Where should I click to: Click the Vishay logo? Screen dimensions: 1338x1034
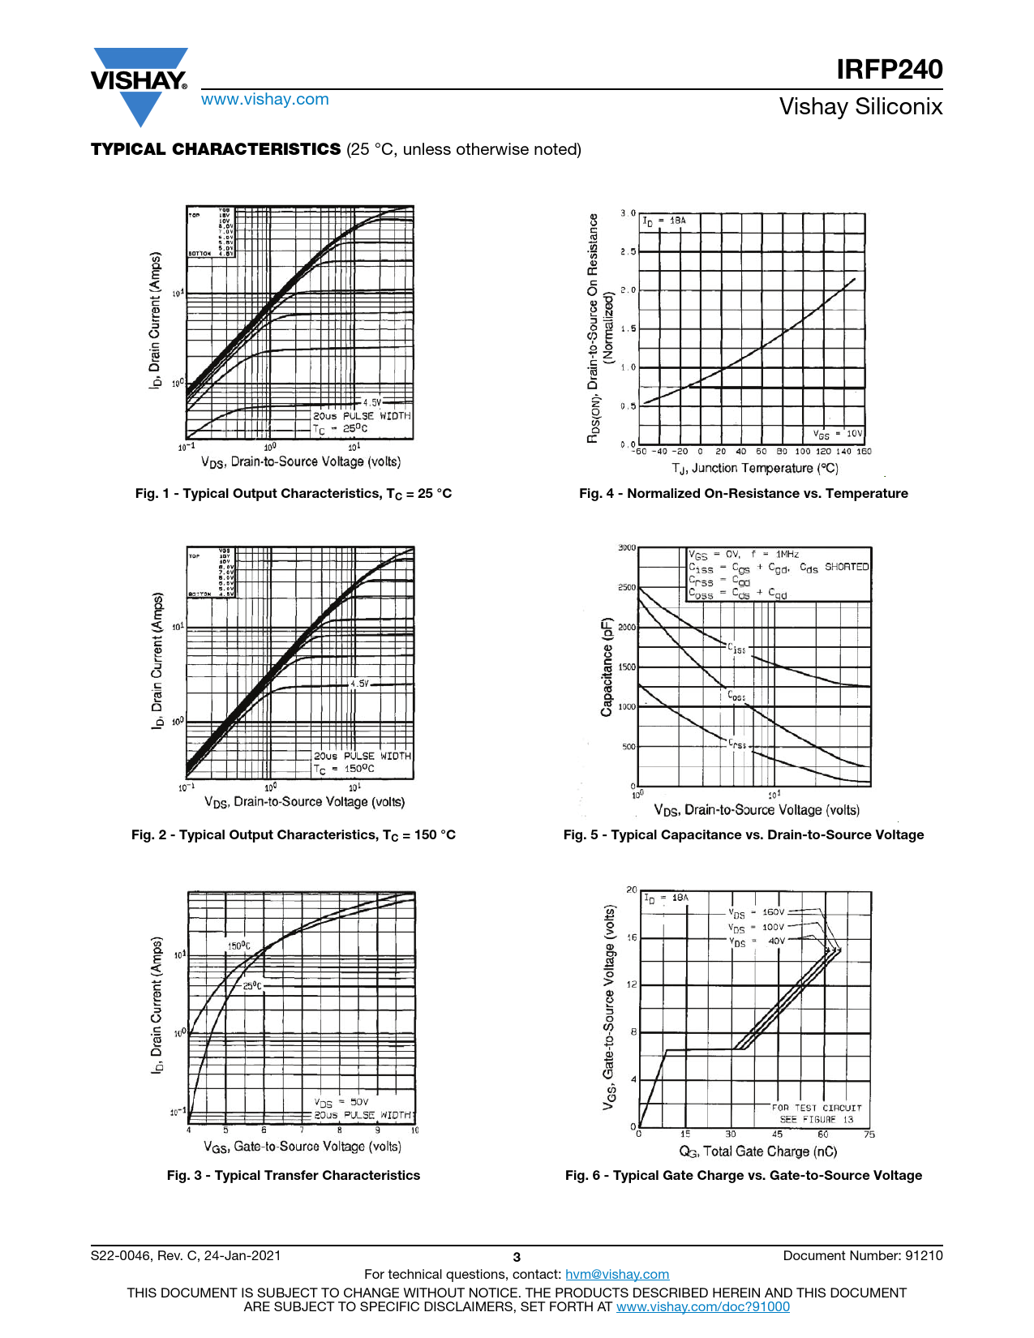coord(139,81)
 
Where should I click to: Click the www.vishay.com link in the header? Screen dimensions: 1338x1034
coord(265,99)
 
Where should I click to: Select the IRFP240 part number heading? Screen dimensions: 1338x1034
coord(890,69)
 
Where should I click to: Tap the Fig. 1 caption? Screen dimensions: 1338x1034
coord(294,493)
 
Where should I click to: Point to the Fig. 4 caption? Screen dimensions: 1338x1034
coord(743,493)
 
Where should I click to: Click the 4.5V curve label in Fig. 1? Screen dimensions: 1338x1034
coord(371,402)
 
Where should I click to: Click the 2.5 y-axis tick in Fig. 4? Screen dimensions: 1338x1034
coord(628,251)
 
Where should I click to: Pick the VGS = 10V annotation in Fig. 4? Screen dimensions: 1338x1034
coord(839,434)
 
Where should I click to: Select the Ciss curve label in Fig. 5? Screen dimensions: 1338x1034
coord(736,649)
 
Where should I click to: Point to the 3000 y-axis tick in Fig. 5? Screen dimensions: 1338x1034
coord(627,548)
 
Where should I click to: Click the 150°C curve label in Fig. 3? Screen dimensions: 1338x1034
coord(238,946)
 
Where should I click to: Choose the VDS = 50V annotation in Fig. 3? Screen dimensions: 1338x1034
coord(341,1102)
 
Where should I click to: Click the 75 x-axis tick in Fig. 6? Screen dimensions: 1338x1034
coord(869,1134)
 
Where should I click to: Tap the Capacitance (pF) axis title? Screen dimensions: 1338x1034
coord(607,667)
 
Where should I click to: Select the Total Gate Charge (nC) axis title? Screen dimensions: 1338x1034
coord(757,1151)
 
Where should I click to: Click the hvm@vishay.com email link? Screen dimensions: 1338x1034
coord(616,1274)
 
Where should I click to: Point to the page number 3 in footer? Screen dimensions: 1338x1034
coord(517,1258)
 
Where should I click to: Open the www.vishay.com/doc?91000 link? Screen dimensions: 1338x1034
coord(702,1306)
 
